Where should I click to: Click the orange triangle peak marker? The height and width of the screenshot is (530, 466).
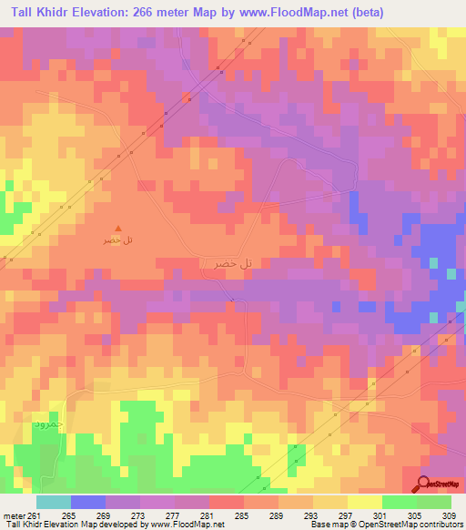[116, 229]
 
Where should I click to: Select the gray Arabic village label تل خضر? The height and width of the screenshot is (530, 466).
[228, 262]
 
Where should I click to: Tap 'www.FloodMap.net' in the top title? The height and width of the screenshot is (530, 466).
[295, 13]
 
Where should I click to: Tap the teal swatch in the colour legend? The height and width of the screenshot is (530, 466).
[53, 502]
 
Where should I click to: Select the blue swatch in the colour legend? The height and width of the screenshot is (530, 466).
[88, 502]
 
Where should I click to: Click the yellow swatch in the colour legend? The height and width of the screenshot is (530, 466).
[364, 502]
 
